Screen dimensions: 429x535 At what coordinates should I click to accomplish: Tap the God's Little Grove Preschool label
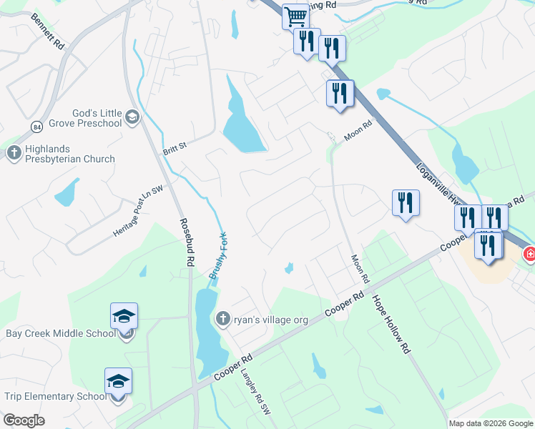pos(97,118)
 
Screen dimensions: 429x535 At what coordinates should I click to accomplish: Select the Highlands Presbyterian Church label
pos(69,153)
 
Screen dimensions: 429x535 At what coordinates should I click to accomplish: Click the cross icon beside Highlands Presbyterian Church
pos(14,152)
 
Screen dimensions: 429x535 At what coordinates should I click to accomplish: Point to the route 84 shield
pos(37,127)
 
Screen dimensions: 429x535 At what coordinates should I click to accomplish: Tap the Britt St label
pos(175,146)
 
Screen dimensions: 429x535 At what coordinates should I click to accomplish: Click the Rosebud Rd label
pos(186,242)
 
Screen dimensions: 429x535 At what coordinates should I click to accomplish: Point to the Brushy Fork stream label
pos(217,256)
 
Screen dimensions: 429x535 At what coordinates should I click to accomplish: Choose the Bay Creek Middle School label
pos(60,333)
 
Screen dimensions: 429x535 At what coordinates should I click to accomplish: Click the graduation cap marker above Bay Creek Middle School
pos(124,315)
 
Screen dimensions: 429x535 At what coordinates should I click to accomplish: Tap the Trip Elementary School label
pos(55,397)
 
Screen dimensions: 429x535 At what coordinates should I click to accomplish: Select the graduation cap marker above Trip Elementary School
pos(118,380)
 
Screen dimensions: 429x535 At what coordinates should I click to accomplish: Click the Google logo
pos(24,420)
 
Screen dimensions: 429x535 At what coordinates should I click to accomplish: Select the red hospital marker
pos(530,253)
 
